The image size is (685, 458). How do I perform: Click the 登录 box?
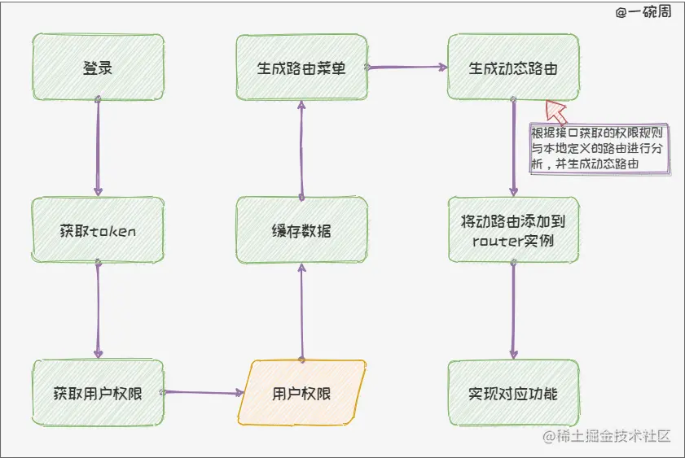[98, 68]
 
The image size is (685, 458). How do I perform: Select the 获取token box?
[98, 230]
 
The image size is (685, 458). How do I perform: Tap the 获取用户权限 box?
[98, 394]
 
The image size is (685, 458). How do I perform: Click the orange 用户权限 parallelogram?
[301, 394]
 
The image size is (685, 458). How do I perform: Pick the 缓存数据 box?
[301, 231]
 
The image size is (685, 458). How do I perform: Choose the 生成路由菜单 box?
[301, 68]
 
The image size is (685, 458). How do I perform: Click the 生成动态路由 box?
[513, 68]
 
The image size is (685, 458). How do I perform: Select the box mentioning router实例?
[513, 230]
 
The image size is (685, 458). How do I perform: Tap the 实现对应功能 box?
[513, 394]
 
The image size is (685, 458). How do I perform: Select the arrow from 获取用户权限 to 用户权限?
[204, 393]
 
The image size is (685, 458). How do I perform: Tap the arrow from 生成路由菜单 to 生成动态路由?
[407, 68]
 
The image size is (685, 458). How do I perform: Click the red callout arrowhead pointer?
[557, 111]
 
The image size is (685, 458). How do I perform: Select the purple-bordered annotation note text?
[599, 146]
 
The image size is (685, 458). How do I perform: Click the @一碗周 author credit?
[643, 12]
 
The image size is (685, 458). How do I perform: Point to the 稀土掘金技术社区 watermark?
[607, 437]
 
